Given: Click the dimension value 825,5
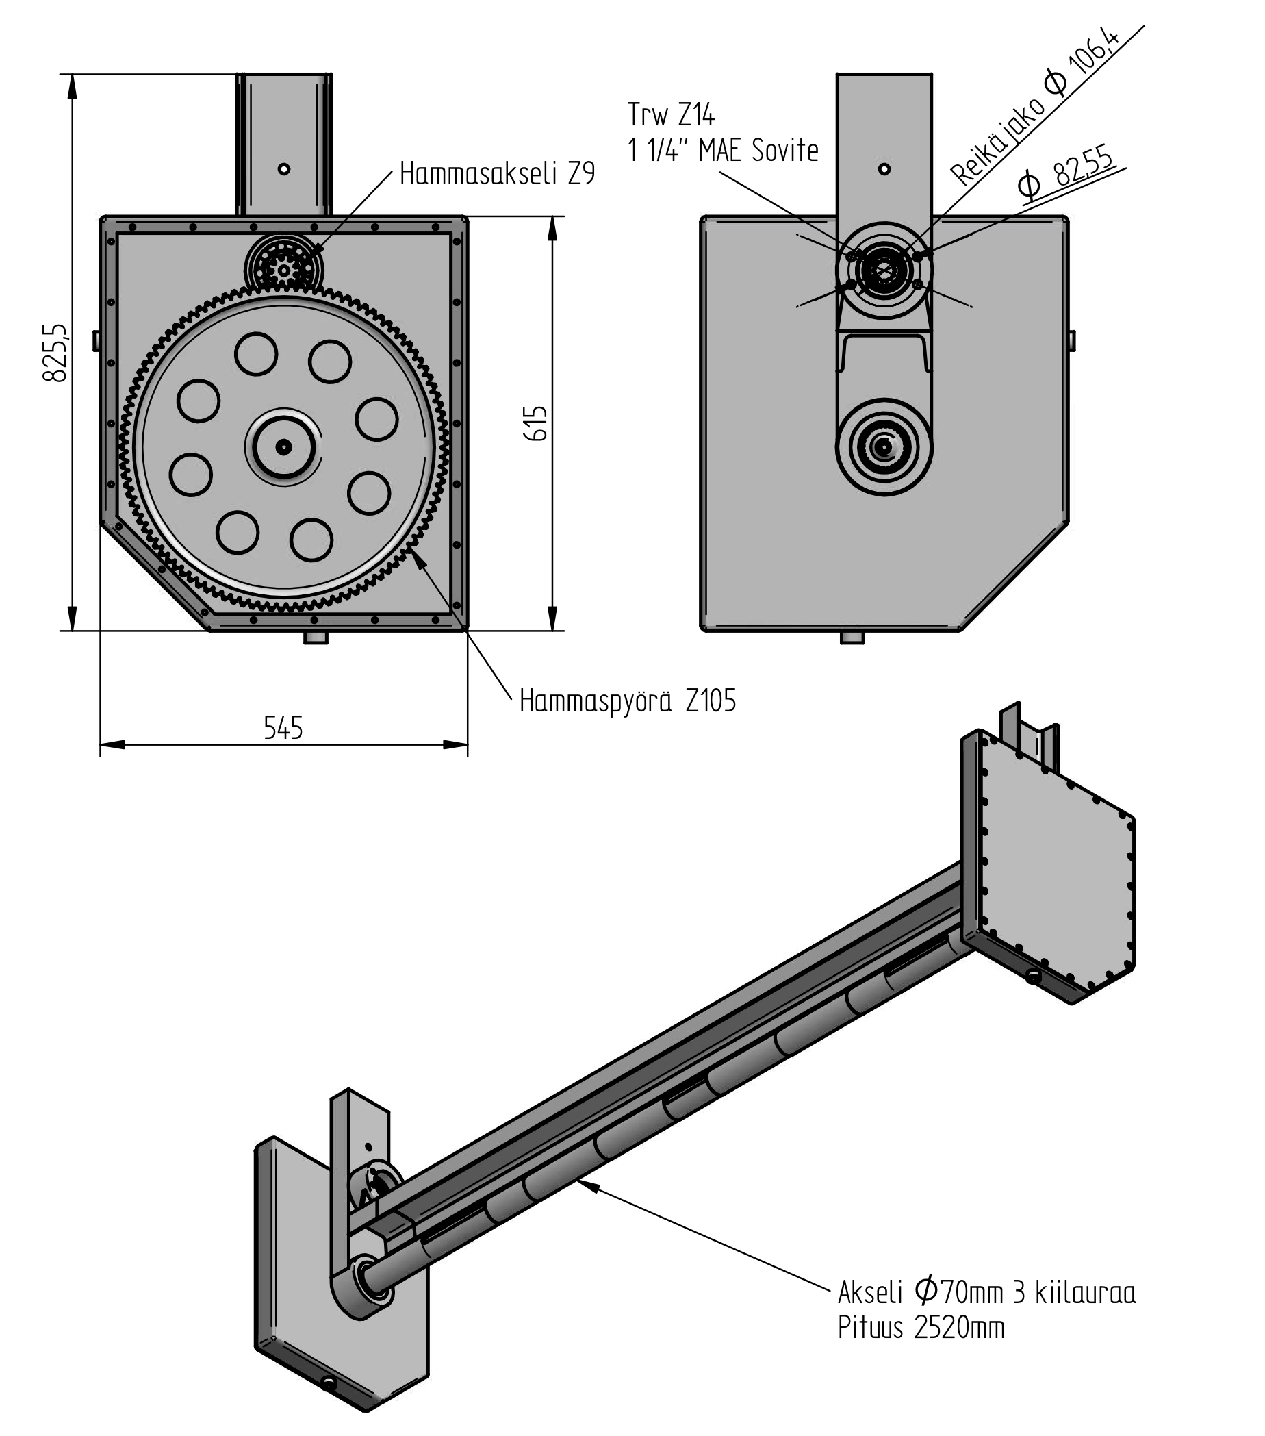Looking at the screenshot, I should (x=55, y=353).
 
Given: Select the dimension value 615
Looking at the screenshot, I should (x=536, y=423).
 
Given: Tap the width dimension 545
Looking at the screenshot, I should (x=283, y=728).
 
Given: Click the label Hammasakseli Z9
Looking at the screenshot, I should (x=496, y=173).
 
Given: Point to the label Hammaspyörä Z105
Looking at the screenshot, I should (x=627, y=701).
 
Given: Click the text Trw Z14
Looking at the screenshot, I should (x=671, y=114).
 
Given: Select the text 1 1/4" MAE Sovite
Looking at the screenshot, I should (x=723, y=151).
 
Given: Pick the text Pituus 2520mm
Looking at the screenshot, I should (x=920, y=1328).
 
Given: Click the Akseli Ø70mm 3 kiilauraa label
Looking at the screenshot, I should (x=986, y=1292).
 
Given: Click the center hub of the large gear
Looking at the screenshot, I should (x=283, y=446).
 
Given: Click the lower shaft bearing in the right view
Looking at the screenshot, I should (x=884, y=446).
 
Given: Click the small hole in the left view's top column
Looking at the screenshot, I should (x=284, y=169).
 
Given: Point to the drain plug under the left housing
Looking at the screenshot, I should (x=316, y=638).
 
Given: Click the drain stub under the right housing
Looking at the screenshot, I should (x=852, y=638).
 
